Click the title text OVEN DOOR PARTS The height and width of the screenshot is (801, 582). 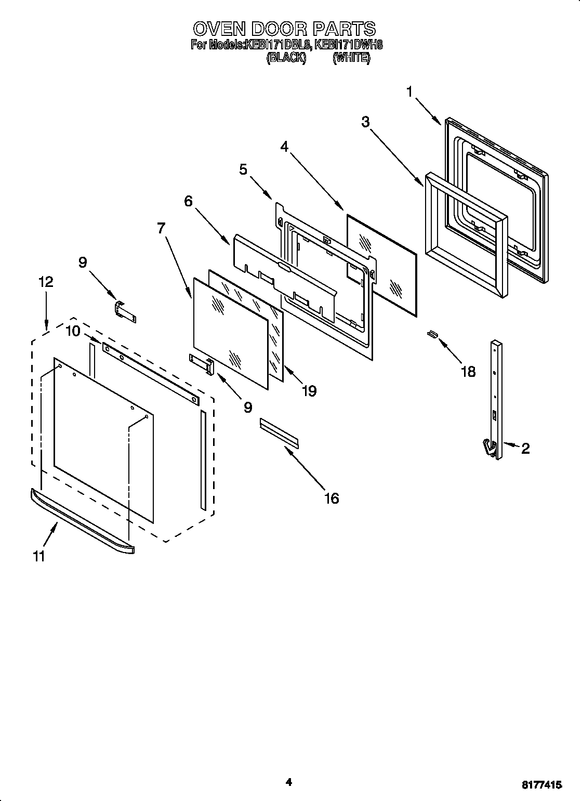284,28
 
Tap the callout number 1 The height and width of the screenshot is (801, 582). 410,93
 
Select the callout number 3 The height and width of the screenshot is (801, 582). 366,122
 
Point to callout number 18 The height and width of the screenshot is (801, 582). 468,372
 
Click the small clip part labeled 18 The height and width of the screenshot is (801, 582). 431,334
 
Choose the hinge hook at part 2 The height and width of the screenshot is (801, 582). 488,448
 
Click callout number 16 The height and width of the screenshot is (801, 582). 331,498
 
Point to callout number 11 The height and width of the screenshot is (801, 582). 38,556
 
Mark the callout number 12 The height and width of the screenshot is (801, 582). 46,282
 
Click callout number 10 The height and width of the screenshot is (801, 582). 73,331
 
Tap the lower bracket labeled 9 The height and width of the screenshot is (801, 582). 202,364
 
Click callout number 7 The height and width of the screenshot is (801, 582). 162,228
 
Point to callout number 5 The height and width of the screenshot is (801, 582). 243,169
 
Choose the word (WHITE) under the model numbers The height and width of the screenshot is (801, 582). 351,58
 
